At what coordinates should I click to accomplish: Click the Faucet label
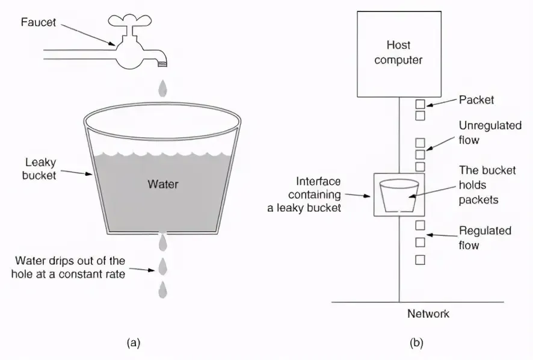(37, 23)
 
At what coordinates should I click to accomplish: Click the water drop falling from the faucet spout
(162, 88)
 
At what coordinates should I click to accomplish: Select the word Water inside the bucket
(162, 184)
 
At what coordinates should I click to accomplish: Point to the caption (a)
(134, 343)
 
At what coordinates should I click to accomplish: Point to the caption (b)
(416, 343)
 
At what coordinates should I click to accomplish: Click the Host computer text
(398, 52)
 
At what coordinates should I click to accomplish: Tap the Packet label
(476, 100)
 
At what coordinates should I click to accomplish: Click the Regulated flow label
(485, 238)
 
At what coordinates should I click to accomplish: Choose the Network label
(428, 314)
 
